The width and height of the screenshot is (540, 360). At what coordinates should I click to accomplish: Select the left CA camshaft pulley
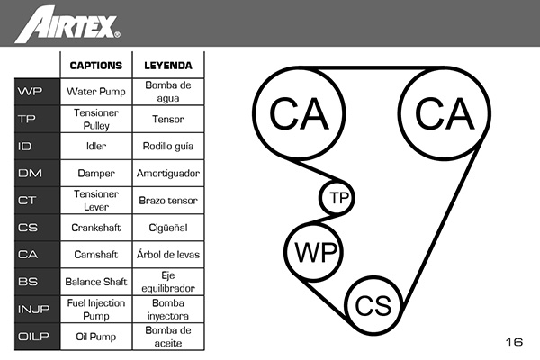point(299,113)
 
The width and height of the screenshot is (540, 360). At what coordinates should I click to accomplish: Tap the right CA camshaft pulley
point(444,113)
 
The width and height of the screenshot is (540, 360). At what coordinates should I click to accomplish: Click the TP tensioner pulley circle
point(338,198)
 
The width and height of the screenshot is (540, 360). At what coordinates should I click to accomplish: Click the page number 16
point(514,342)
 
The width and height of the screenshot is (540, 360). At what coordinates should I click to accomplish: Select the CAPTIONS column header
point(95,66)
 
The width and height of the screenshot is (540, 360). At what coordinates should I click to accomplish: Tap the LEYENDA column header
point(168,66)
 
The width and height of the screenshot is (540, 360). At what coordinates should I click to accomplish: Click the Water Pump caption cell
point(95,92)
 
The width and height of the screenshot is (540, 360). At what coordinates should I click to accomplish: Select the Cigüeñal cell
point(168,228)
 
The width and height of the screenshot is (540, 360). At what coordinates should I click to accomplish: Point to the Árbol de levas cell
point(168,255)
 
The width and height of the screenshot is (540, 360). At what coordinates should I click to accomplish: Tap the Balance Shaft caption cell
point(95,282)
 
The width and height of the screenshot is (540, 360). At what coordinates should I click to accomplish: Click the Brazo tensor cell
point(168,200)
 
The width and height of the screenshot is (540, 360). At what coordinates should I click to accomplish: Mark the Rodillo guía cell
point(168,146)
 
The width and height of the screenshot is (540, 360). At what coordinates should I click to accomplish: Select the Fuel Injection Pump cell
point(95,309)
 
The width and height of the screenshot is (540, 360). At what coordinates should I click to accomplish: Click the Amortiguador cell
point(168,173)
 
